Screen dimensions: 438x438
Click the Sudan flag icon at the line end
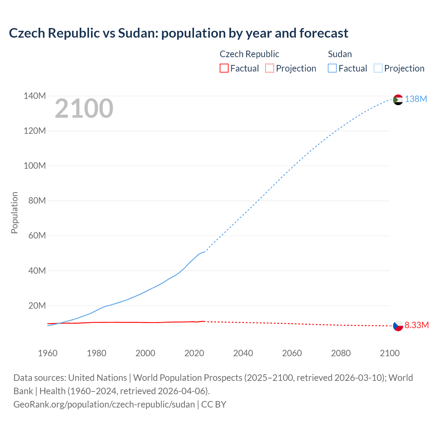click(x=398, y=100)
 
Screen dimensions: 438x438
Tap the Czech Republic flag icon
click(x=398, y=326)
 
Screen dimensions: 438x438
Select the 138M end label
click(x=416, y=99)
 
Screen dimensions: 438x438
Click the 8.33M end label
click(x=416, y=325)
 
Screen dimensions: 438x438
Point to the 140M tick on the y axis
click(x=35, y=96)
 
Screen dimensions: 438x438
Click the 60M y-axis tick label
click(x=37, y=236)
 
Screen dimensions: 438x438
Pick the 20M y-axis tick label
click(x=37, y=306)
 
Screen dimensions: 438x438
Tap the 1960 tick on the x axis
click(x=48, y=353)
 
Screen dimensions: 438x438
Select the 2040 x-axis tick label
click(x=243, y=353)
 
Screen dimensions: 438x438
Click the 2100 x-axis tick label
click(x=389, y=353)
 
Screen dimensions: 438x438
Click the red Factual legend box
click(x=224, y=68)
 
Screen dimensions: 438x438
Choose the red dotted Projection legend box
click(x=270, y=68)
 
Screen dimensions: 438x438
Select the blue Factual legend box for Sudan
click(x=332, y=68)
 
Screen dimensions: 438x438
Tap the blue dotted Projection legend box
click(x=378, y=68)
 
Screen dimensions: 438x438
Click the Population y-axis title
click(x=14, y=212)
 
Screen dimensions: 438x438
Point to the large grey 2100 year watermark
click(x=84, y=108)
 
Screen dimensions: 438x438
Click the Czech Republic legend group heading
click(x=249, y=54)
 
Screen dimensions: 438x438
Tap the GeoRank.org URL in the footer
click(x=104, y=404)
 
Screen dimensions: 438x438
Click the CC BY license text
click(x=214, y=404)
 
